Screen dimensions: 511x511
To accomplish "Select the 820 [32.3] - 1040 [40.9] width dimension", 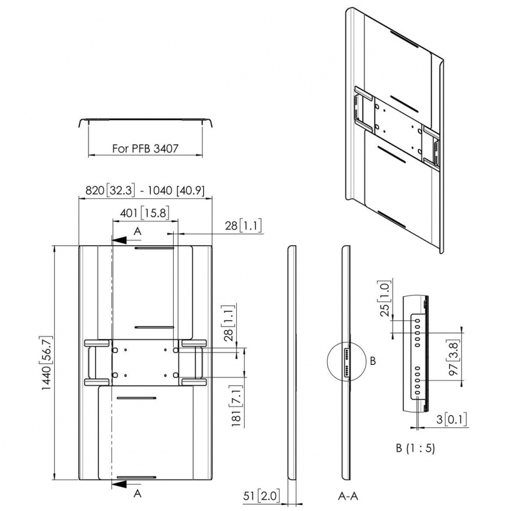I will pos(145,191).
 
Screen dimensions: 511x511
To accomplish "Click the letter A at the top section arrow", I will pos(137,231).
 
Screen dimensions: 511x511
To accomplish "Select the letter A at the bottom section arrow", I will pos(137,493).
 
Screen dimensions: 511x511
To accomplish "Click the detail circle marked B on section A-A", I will pos(345,361).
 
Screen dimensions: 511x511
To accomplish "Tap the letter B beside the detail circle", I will pos(373,361).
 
